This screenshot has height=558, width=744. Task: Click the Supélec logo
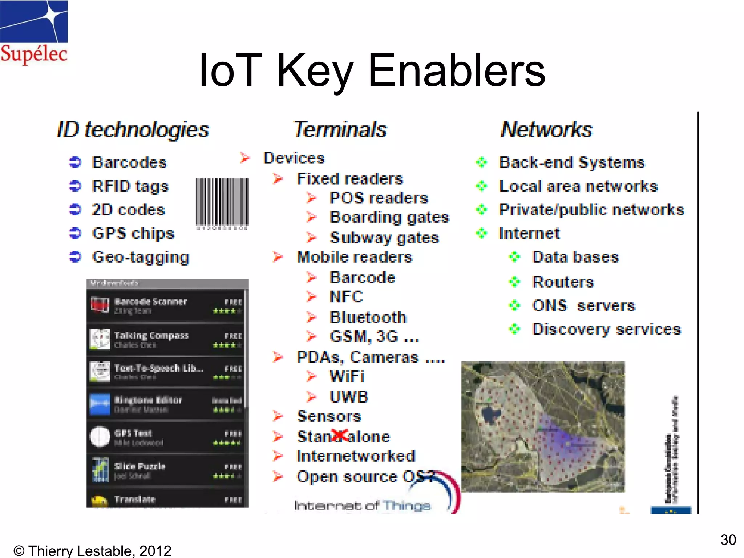34,33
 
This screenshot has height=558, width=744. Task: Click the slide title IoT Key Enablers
372,70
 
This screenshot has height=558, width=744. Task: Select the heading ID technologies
133,130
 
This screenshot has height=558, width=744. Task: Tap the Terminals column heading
340,130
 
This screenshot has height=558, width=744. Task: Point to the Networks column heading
546,130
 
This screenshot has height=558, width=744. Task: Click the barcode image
222,203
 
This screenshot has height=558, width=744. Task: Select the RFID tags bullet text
130,186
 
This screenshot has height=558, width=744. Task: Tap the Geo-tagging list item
141,257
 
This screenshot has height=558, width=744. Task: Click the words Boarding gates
389,218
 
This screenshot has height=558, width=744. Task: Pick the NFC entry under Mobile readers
346,297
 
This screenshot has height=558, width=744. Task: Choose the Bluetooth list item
368,318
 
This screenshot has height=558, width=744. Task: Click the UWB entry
349,397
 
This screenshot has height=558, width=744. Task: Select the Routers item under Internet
563,282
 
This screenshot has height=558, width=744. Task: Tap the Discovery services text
606,329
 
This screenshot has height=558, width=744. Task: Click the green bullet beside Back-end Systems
482,162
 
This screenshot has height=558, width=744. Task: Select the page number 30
728,540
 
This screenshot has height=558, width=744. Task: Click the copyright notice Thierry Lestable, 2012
92,551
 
